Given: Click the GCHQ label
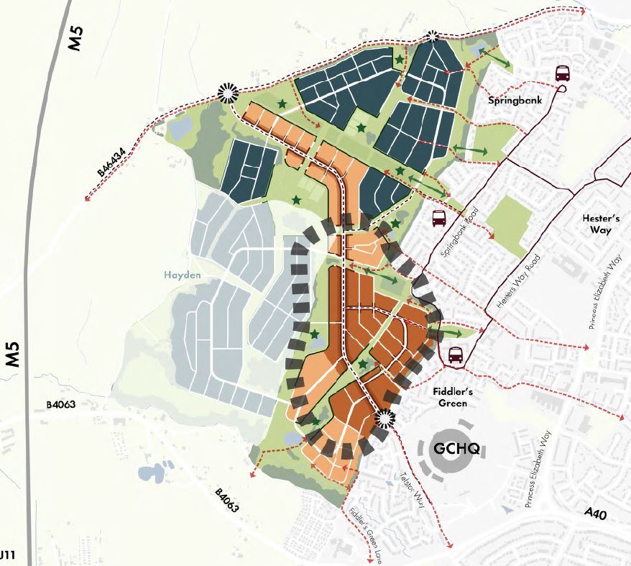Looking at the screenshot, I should click(457, 449).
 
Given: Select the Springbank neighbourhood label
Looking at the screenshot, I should click(514, 101).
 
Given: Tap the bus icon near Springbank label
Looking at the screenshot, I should click(562, 73).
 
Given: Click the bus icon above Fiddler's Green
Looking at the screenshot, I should click(455, 355).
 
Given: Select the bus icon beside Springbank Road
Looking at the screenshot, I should click(438, 219).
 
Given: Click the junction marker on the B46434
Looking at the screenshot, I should click(227, 92).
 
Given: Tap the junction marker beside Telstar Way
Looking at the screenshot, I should click(384, 419).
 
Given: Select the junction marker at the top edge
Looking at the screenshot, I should click(433, 37).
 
